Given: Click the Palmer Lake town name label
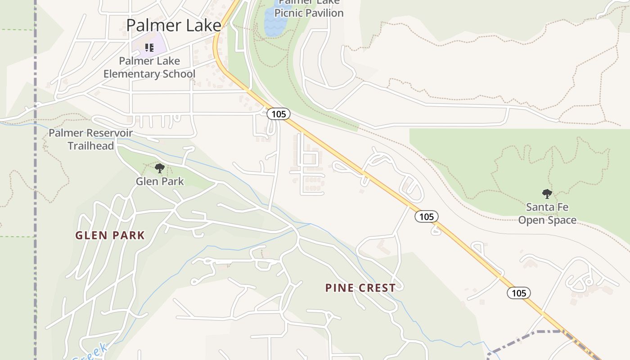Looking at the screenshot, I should click(x=173, y=25).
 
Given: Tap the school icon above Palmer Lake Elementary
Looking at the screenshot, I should click(x=149, y=47).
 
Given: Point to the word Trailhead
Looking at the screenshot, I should click(x=90, y=146).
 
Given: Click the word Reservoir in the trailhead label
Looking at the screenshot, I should click(x=111, y=133).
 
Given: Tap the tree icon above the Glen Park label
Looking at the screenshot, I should click(x=159, y=169).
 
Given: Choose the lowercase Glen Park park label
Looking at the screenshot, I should click(x=160, y=181).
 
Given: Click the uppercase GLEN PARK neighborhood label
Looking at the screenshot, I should click(x=110, y=235).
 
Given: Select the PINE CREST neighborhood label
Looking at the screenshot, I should click(x=360, y=288).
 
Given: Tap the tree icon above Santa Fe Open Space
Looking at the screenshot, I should click(x=547, y=194).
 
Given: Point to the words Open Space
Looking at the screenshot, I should click(x=547, y=220).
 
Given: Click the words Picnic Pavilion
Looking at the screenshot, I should click(x=309, y=13).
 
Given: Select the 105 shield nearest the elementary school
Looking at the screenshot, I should click(x=279, y=114).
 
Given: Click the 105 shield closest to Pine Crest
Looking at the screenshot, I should click(x=426, y=216).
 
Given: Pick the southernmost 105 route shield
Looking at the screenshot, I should click(x=519, y=293).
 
